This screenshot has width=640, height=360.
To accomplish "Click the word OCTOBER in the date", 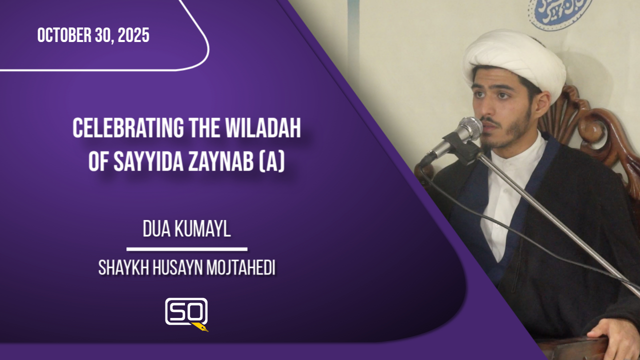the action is pos(64,35).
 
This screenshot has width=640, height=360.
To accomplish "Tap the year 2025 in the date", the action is pos(133,35).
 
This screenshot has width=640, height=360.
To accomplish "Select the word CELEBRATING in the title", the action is pos(128,128).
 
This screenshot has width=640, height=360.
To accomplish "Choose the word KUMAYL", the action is pos(202,229).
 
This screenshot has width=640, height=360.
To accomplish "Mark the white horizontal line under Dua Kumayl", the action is pos(187,249).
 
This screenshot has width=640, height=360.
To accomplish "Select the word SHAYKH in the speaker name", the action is pos(123,268).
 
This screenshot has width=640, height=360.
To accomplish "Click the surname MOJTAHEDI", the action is pos(241,268).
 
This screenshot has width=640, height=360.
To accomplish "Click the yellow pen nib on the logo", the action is pos(201,327).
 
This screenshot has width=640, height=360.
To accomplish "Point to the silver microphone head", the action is pos(469,129).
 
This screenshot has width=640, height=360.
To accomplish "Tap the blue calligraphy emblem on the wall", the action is pos(559,12).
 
